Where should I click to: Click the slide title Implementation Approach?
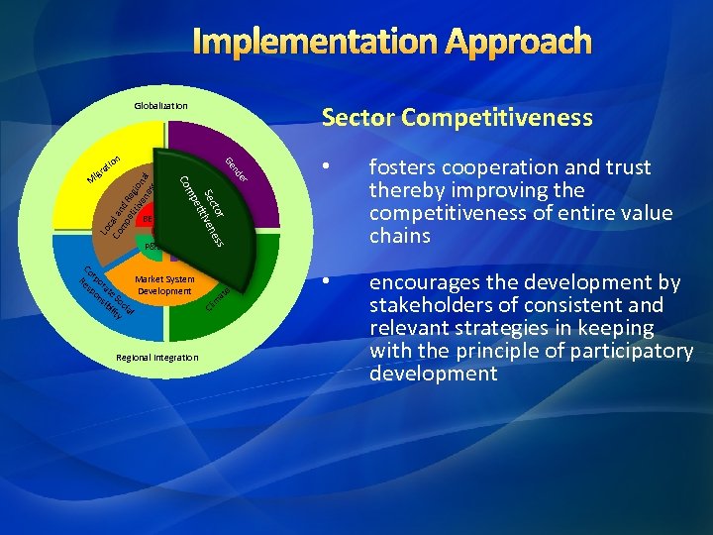[392, 42]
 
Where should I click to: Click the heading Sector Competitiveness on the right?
[457, 118]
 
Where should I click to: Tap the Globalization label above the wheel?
[160, 106]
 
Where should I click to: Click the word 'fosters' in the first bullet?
[401, 167]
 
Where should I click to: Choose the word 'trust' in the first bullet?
[627, 167]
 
